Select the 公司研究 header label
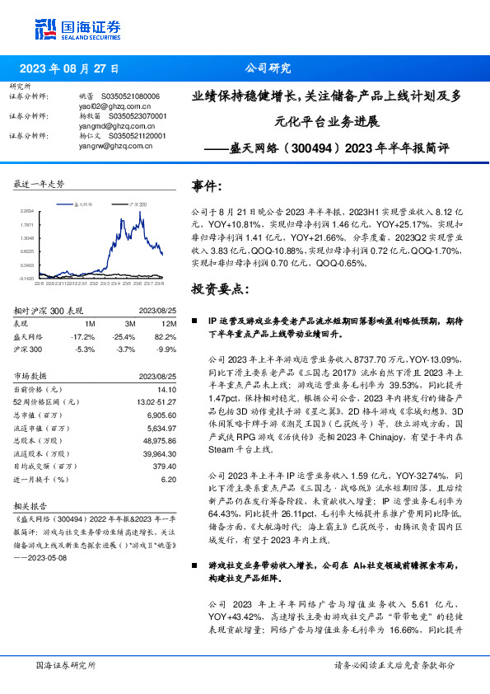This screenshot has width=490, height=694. [268, 69]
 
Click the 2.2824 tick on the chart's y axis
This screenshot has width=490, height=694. [27, 211]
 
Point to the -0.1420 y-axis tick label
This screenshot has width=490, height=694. [26, 279]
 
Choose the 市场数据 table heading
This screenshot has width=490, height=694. [32, 375]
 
